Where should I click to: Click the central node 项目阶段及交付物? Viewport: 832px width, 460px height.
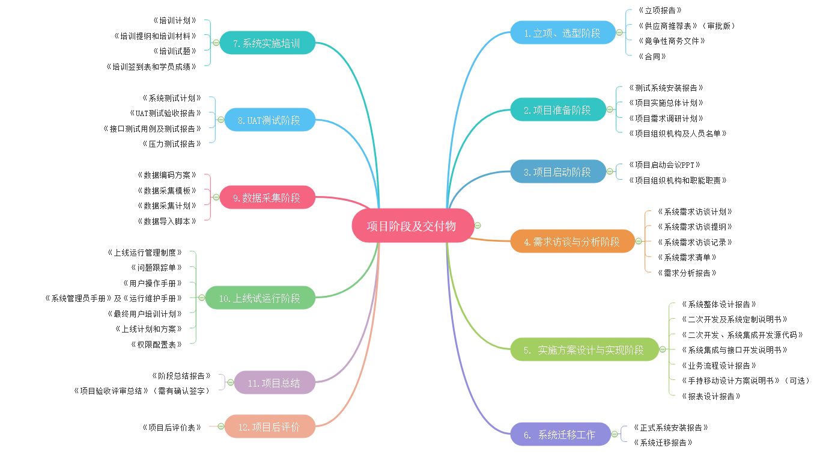(413, 225)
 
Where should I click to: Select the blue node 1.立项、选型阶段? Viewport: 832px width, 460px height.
(563, 32)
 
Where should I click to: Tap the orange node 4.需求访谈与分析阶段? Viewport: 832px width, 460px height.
(572, 241)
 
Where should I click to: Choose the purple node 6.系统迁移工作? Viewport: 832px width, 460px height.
(560, 434)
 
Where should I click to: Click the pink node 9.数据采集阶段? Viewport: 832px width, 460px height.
(267, 197)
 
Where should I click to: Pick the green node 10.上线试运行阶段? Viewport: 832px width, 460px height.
(260, 298)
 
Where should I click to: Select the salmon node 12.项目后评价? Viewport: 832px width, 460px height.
(270, 426)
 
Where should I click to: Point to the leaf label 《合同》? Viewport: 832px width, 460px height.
(652, 57)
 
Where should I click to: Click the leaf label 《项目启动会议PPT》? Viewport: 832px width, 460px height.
(664, 165)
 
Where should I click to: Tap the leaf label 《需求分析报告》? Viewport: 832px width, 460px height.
(687, 273)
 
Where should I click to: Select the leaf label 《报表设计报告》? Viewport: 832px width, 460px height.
(711, 396)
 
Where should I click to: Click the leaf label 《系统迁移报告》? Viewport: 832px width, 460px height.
(663, 443)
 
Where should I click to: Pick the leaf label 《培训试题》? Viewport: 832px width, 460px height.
(175, 51)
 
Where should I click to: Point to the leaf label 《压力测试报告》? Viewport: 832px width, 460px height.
(172, 144)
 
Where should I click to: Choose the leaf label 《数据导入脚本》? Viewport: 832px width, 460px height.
(167, 221)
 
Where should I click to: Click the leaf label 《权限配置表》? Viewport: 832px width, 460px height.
(156, 345)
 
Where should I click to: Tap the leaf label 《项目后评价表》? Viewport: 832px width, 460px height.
(172, 428)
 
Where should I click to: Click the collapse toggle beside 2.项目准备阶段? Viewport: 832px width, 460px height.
(610, 109)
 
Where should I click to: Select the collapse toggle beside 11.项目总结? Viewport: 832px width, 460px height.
(230, 382)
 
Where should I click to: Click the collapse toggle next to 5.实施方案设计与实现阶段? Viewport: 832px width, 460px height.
(662, 349)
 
